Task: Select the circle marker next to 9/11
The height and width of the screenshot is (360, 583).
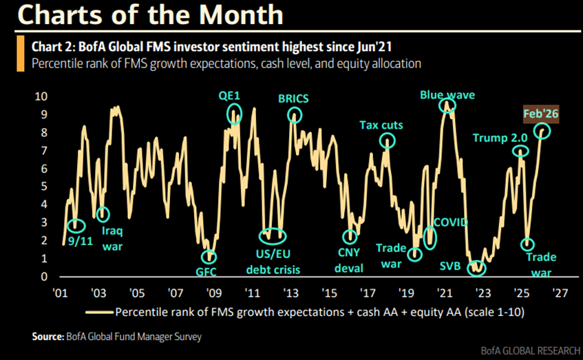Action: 76,224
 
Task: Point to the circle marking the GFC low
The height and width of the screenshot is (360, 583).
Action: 209,256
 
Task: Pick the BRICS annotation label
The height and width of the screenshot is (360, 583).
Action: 293,98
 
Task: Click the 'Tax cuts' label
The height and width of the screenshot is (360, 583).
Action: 381,125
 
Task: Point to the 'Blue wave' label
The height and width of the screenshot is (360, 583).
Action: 447,94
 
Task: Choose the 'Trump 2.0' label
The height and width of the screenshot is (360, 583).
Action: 499,138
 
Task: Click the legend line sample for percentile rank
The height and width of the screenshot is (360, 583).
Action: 98,312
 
